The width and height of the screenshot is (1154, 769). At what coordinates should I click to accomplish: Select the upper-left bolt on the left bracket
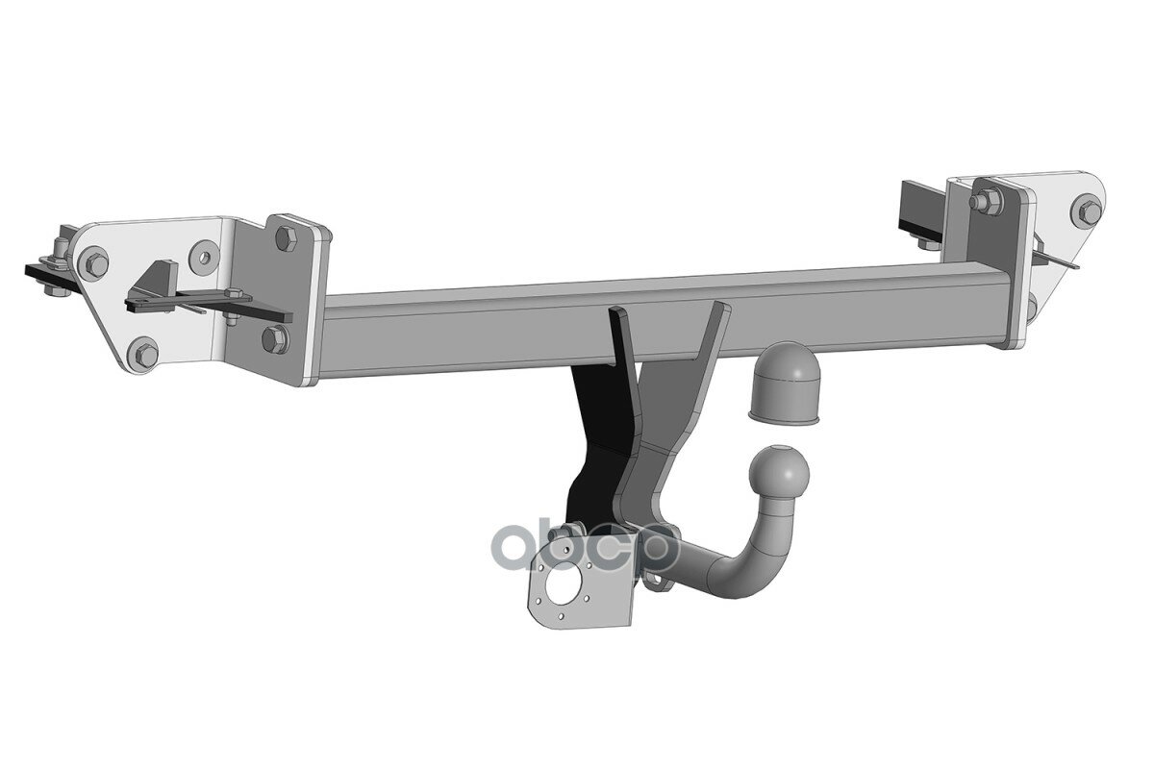(x=93, y=263)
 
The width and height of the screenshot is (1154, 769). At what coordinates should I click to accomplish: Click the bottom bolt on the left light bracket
(x=143, y=353)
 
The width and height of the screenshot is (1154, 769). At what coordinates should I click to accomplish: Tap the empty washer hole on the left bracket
(x=204, y=257)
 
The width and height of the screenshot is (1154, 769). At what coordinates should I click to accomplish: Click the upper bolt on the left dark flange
(x=285, y=239)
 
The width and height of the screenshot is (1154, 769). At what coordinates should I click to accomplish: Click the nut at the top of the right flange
(x=982, y=200)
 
